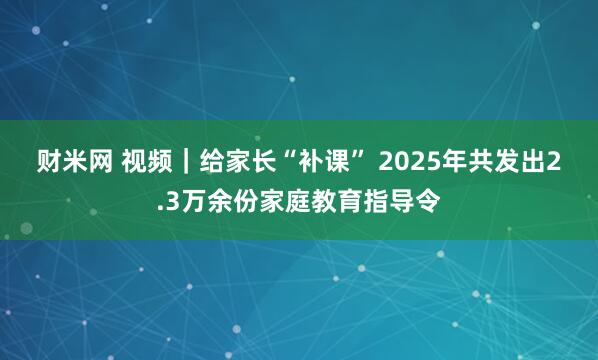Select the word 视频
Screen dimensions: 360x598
pos(147,161)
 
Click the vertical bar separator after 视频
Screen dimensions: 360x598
pos(185,161)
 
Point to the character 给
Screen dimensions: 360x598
pos(211,161)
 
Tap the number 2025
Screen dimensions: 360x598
pos(408,161)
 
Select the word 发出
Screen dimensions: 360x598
pos(516,161)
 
